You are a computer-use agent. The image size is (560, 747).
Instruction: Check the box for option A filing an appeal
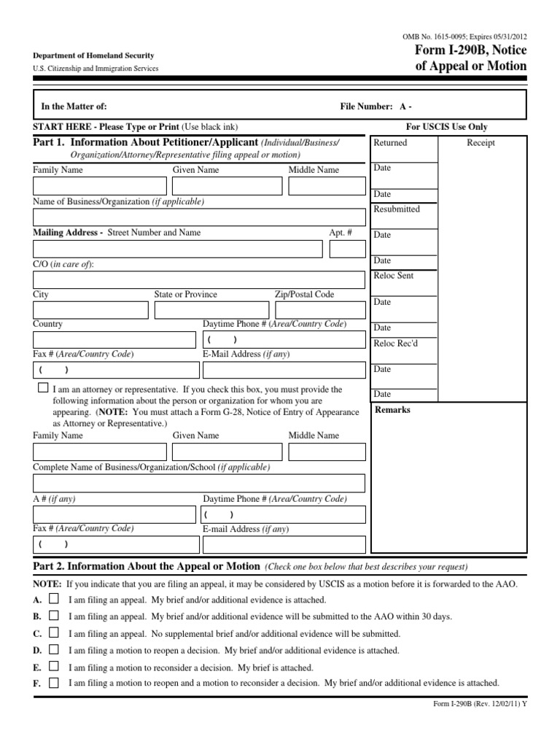pyautogui.click(x=54, y=598)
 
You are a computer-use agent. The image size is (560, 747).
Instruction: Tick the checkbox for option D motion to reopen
pyautogui.click(x=54, y=649)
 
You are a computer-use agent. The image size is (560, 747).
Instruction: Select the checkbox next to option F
pyautogui.click(x=54, y=684)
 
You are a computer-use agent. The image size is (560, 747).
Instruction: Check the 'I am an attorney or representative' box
pyautogui.click(x=44, y=388)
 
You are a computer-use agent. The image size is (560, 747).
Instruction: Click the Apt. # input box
pyautogui.click(x=347, y=249)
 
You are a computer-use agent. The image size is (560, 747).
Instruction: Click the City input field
pyautogui.click(x=90, y=310)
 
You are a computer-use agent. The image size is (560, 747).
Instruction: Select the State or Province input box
pyautogui.click(x=211, y=310)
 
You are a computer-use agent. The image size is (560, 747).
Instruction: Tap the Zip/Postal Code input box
pyautogui.click(x=320, y=310)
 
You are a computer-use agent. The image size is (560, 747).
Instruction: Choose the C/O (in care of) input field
pyautogui.click(x=199, y=280)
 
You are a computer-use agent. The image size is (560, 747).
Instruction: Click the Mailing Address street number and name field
pyautogui.click(x=177, y=249)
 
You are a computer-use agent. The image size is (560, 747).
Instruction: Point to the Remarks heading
pyautogui.click(x=392, y=410)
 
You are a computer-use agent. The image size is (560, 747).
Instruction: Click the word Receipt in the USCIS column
pyautogui.click(x=481, y=143)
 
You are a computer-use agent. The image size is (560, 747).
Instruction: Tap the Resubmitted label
pyautogui.click(x=397, y=209)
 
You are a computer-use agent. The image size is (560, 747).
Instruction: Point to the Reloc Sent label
pyautogui.click(x=393, y=276)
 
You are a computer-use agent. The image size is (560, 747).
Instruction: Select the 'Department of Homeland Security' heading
pyautogui.click(x=93, y=56)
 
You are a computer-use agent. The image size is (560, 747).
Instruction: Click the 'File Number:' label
pyautogui.click(x=367, y=107)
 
